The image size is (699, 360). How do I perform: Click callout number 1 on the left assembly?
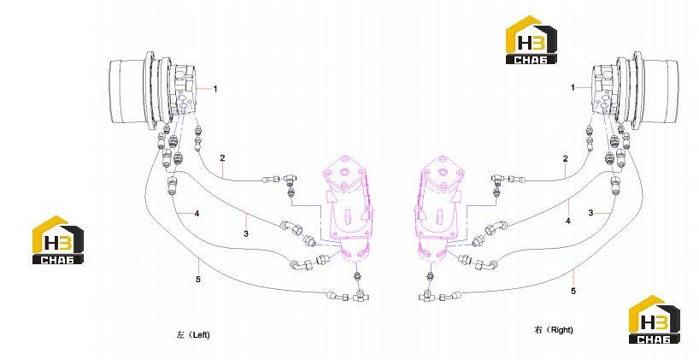pos(214,89)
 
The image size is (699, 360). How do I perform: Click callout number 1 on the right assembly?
pos(573,88)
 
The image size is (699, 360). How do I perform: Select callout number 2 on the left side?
pos(222,157)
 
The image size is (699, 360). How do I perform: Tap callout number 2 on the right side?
pos(565,158)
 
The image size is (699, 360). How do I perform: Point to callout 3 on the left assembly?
pos(246,233)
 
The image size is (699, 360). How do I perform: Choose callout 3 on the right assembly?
pos(590,213)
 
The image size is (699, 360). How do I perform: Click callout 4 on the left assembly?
pos(197,214)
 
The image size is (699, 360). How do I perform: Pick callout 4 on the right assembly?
pos(568,221)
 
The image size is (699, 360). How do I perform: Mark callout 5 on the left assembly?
pos(198,280)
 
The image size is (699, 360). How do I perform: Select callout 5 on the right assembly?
pos(573,291)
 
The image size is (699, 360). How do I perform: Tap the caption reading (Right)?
pos(560,330)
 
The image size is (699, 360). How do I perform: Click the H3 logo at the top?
pos(531,40)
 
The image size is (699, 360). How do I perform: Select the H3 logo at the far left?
pos(57,240)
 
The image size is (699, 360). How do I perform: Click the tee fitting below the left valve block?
pos(359,297)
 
